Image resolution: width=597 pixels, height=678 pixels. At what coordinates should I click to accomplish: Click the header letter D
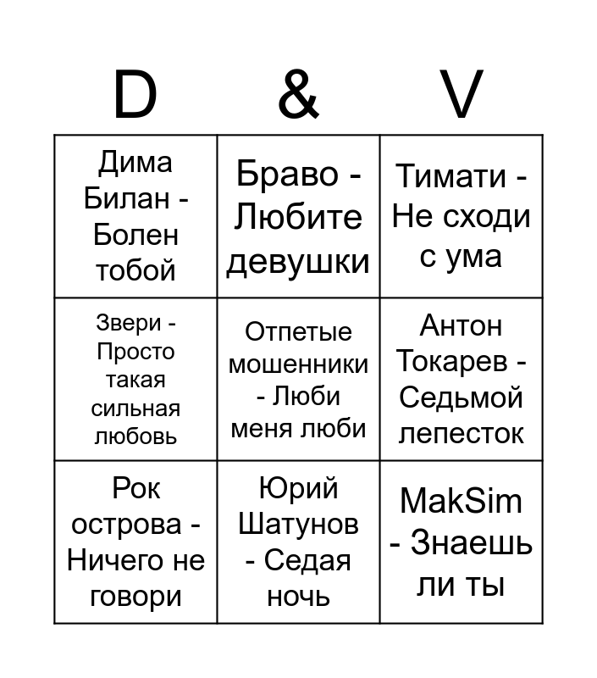(x=135, y=94)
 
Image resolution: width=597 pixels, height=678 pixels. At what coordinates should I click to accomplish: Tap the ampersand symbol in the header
(x=298, y=94)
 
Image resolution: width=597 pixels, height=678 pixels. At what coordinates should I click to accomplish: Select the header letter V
(x=461, y=94)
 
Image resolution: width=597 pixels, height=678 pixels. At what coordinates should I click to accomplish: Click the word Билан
(x=126, y=198)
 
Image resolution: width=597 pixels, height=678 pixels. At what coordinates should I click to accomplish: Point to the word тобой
(x=135, y=270)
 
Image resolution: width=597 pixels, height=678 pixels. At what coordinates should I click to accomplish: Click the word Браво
(x=287, y=174)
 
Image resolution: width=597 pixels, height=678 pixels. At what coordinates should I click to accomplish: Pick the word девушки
(x=298, y=262)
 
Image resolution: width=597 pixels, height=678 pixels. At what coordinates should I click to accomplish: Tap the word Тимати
(x=451, y=176)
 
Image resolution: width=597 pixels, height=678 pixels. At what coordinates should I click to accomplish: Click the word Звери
(x=129, y=323)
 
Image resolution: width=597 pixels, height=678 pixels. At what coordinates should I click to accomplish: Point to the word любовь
(x=135, y=436)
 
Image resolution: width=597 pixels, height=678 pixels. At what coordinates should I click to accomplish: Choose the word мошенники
(x=298, y=364)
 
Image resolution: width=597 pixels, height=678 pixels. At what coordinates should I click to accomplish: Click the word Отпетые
(x=298, y=332)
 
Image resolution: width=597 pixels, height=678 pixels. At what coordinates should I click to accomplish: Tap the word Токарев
(x=452, y=361)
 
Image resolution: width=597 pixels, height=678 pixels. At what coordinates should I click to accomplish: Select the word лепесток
(x=461, y=434)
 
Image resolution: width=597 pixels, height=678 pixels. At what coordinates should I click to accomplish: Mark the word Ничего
(x=115, y=560)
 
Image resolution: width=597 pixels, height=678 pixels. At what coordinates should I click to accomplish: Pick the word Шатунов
(x=298, y=524)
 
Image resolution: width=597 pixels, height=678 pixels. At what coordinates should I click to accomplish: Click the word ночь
(x=298, y=597)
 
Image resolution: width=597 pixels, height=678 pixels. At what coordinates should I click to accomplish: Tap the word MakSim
(x=461, y=502)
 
